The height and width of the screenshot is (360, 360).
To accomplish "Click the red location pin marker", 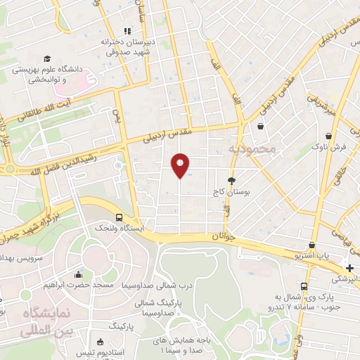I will coord(180,165).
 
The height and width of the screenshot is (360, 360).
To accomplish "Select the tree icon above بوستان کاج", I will coord(232,181).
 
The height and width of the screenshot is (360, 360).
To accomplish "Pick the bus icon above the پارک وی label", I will coord(304,286).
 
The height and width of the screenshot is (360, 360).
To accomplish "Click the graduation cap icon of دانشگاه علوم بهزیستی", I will coord(47,59).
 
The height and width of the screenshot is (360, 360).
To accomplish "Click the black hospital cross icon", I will coord(350,268).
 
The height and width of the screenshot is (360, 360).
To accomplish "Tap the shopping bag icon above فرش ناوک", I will coord(328,136).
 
